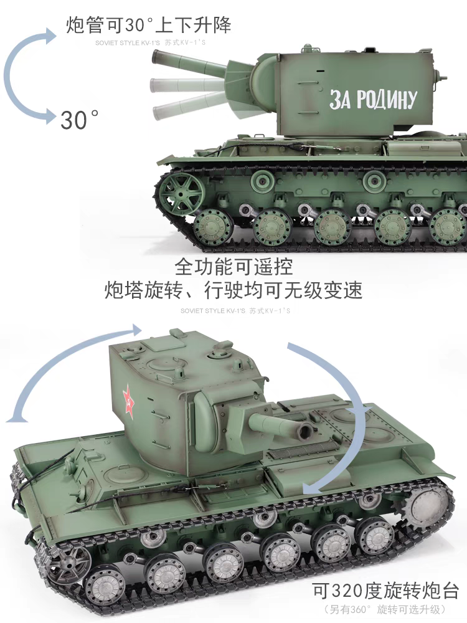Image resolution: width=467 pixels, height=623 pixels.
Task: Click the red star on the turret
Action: point(128,401)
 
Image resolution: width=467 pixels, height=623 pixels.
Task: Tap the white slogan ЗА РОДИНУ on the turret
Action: point(373,100)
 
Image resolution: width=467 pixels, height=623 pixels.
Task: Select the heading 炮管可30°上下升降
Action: point(149,25)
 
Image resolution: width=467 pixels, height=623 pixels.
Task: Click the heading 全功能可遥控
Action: point(233,267)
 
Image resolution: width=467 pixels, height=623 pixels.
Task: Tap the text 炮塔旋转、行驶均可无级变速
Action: point(233,290)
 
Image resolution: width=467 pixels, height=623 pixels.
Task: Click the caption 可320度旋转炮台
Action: point(385,591)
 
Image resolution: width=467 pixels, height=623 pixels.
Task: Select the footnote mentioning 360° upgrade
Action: point(385,609)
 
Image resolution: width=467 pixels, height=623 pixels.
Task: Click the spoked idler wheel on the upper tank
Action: point(181,194)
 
